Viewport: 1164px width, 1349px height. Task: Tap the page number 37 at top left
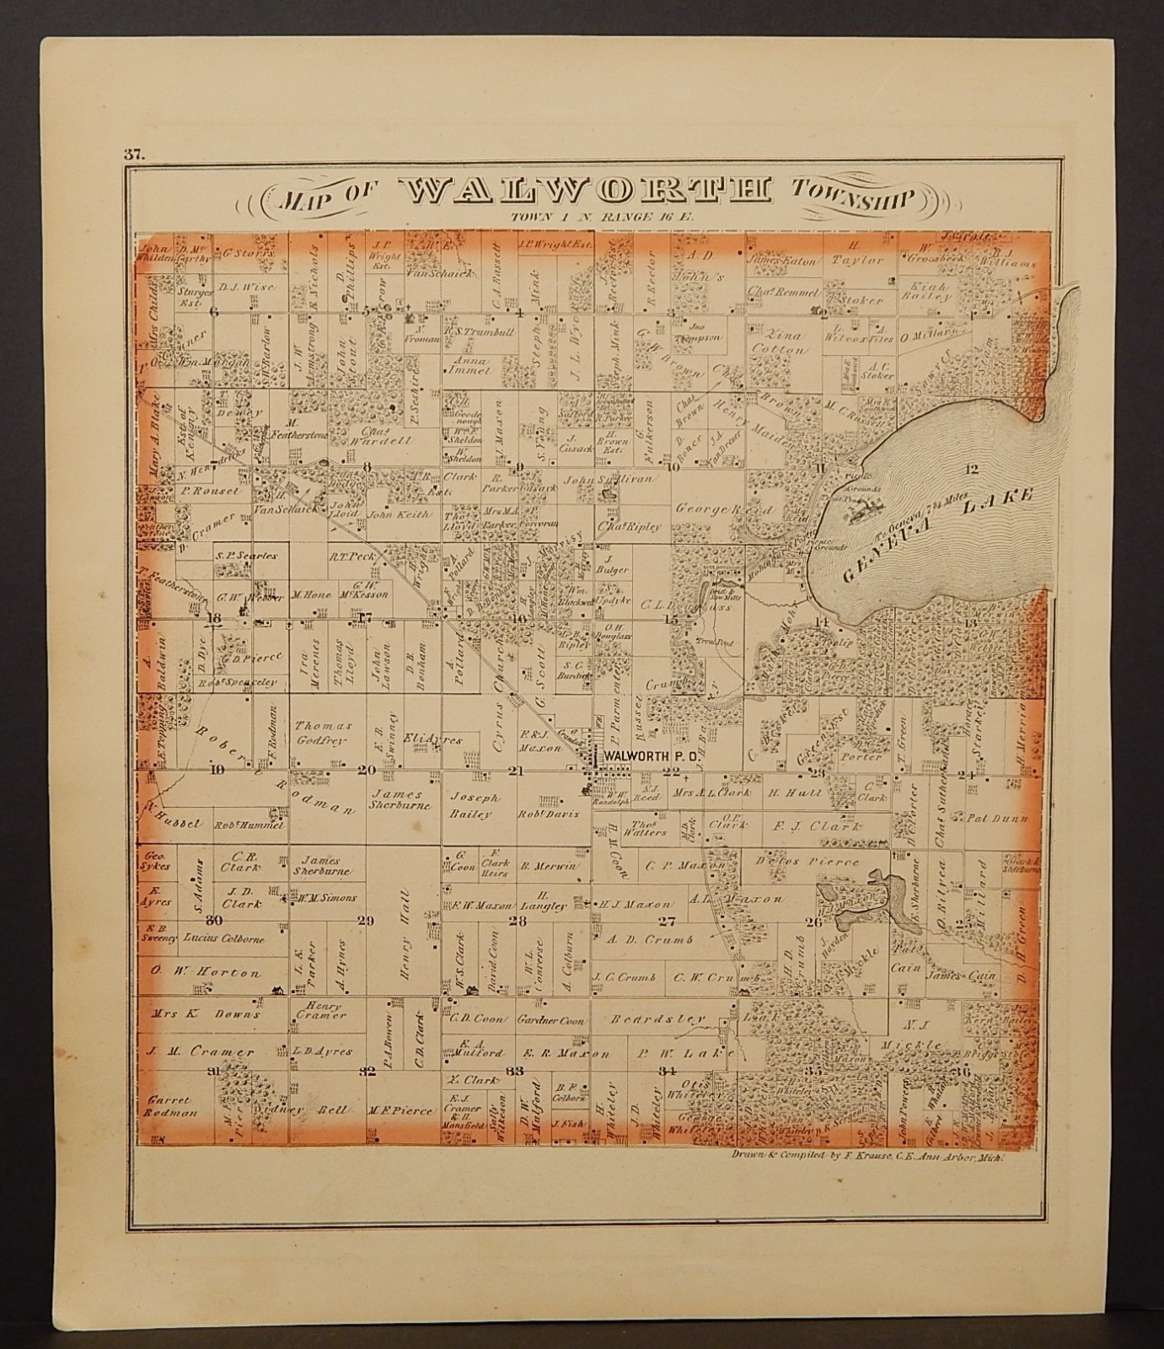point(133,153)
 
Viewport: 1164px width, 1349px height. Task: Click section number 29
point(365,921)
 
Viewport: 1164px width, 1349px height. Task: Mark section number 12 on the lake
point(974,469)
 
